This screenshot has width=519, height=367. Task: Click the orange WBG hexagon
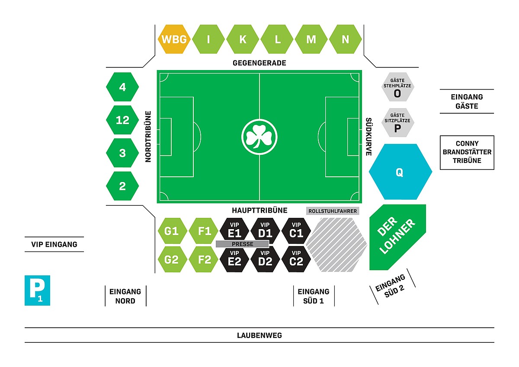click(x=174, y=39)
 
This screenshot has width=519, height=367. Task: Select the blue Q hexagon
click(x=400, y=172)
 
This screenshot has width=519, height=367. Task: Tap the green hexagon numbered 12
click(x=122, y=120)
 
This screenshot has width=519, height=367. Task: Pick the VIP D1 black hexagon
click(x=265, y=231)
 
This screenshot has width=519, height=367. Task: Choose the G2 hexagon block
click(x=172, y=259)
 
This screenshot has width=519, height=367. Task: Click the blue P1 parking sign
click(x=37, y=290)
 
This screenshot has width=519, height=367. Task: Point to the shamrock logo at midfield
click(x=259, y=137)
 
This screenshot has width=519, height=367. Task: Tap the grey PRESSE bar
click(x=242, y=244)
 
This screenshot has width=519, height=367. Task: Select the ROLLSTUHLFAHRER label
click(x=333, y=211)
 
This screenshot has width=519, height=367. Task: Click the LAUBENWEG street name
click(x=259, y=335)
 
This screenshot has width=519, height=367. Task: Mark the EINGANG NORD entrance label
click(x=125, y=296)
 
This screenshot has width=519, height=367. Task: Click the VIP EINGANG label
click(x=54, y=244)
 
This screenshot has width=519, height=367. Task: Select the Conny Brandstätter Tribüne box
click(x=467, y=152)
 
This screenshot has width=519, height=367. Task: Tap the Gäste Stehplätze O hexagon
click(x=397, y=87)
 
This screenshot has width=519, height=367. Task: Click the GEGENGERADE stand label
click(x=259, y=63)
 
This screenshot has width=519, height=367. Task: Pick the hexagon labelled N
click(x=345, y=39)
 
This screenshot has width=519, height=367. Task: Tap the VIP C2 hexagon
click(x=296, y=259)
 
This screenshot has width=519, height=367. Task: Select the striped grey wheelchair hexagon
click(x=336, y=245)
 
